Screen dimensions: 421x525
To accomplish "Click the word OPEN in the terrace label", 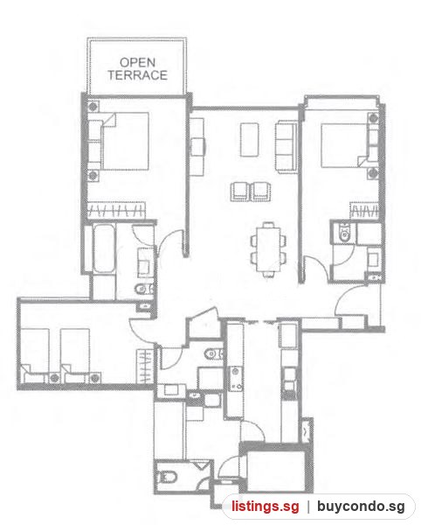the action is [x=137, y=63].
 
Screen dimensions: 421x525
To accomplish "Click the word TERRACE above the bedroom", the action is [x=137, y=75].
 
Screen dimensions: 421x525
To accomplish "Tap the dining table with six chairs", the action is [x=268, y=249].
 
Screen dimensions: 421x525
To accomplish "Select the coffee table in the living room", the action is [x=249, y=140].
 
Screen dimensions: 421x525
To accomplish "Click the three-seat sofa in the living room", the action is [x=286, y=147].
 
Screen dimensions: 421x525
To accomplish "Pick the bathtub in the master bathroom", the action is [x=104, y=248].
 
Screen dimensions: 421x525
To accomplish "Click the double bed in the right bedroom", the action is [x=344, y=145].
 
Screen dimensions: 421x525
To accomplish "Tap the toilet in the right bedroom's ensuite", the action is [x=343, y=233].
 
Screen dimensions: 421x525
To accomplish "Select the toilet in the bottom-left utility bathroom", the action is [x=167, y=477].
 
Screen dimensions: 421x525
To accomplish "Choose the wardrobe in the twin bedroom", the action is [x=145, y=367].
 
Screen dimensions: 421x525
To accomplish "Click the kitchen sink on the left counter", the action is [x=236, y=379].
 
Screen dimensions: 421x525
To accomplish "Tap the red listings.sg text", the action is [x=266, y=506].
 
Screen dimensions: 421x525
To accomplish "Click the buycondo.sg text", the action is [x=361, y=507].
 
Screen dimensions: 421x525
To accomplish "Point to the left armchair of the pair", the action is [x=241, y=192].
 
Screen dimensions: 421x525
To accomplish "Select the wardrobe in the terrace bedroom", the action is [x=116, y=210].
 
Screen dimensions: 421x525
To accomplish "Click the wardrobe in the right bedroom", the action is [x=364, y=210].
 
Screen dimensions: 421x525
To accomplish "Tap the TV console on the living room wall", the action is [x=197, y=147].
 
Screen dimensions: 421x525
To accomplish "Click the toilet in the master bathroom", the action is [x=144, y=288].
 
